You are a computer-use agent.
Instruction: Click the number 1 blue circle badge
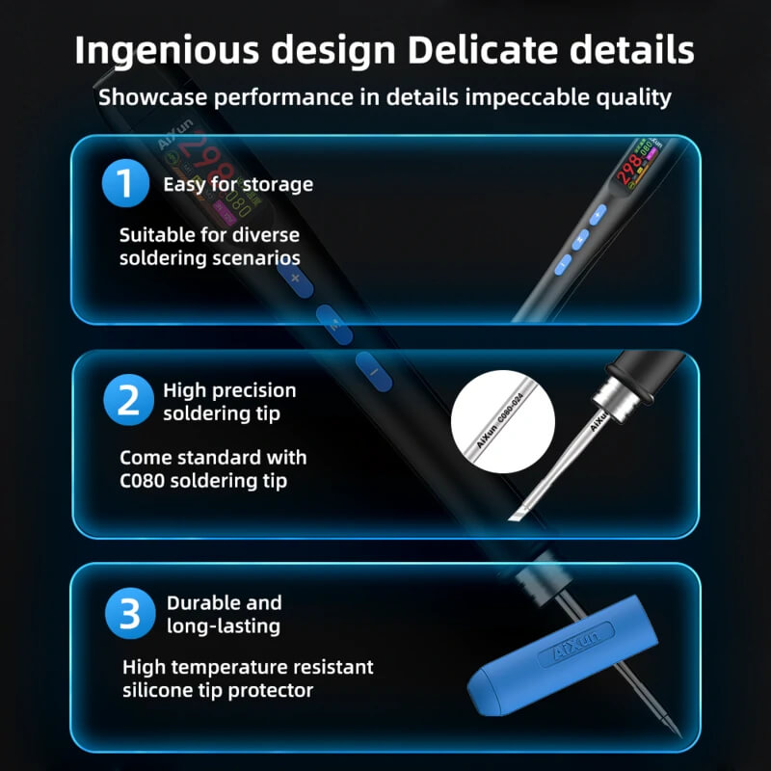click(125, 183)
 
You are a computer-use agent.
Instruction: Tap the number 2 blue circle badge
click(128, 400)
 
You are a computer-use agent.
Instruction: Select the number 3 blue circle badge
click(130, 613)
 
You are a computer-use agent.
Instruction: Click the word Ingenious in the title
click(167, 51)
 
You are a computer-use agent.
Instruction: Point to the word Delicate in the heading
click(484, 50)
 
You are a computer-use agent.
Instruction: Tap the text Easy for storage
click(238, 185)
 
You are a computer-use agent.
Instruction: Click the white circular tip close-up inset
click(502, 421)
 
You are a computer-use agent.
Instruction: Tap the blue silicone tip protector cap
click(563, 655)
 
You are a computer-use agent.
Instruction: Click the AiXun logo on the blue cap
click(576, 644)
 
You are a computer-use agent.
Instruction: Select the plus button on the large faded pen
click(295, 279)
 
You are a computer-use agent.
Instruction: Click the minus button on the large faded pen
click(374, 372)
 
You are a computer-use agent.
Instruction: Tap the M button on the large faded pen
click(334, 325)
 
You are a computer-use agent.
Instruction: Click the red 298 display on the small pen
click(629, 168)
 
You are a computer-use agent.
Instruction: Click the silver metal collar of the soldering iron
click(614, 398)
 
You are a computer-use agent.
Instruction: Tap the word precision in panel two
click(250, 390)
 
